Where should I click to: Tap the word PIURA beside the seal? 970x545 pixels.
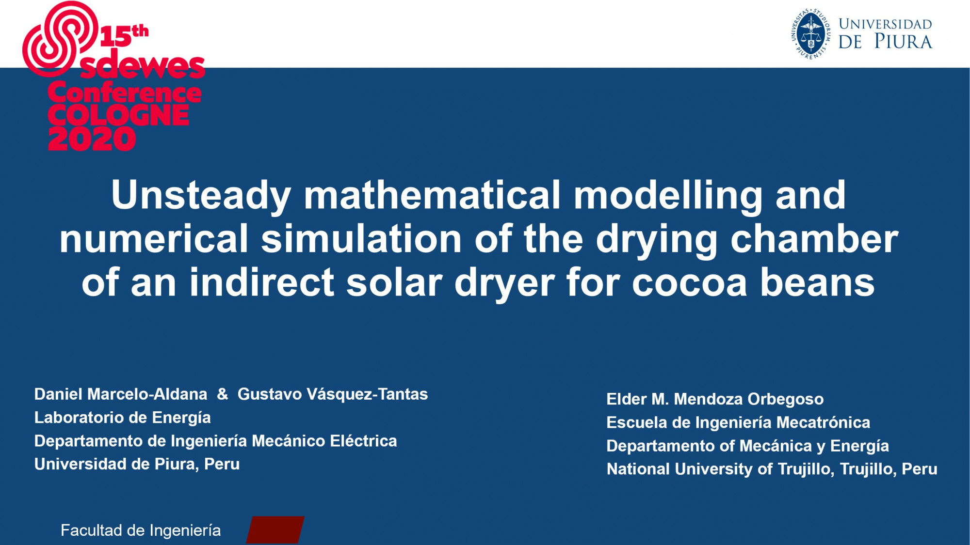[904, 42]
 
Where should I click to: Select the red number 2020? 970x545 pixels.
[92, 139]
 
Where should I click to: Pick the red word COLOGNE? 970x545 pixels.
[118, 115]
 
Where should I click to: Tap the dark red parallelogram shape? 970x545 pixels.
[275, 529]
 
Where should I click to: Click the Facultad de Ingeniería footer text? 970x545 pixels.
[141, 530]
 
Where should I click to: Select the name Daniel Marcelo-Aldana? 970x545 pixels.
[121, 394]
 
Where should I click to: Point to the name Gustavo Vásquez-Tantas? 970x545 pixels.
[333, 394]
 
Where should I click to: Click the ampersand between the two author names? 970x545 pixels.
[223, 394]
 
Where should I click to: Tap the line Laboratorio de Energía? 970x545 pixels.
[123, 418]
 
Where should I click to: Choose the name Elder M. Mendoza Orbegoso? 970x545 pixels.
[715, 399]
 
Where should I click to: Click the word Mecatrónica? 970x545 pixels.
[823, 422]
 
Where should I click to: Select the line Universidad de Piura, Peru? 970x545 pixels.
[137, 464]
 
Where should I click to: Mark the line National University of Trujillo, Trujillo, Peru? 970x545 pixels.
[772, 469]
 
